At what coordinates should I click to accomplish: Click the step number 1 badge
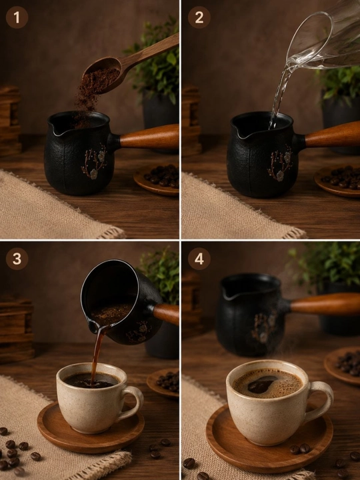[17, 17]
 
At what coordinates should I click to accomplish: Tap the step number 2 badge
[199, 17]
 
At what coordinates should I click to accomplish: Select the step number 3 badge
[17, 259]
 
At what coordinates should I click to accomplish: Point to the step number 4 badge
[199, 259]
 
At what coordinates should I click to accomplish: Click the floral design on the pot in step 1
[94, 161]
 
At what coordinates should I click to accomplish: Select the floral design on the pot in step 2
[280, 163]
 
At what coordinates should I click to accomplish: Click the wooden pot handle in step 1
[149, 137]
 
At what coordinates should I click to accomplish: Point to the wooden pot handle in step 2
[333, 135]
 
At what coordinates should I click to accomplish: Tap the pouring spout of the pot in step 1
[55, 129]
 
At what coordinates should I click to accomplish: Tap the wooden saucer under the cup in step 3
[91, 429]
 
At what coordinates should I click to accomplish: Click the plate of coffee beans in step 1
[157, 180]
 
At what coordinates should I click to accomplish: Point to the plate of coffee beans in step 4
[343, 365]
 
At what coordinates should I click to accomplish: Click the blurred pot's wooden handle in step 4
[325, 304]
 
